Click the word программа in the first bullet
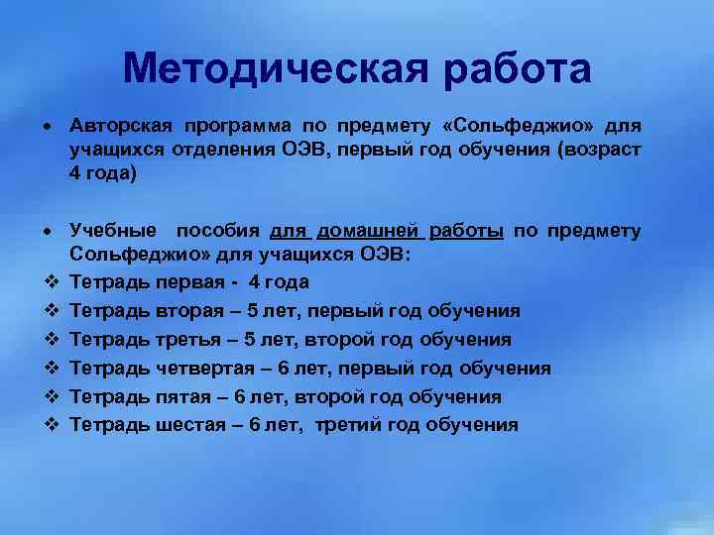(x=237, y=127)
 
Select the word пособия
(x=218, y=232)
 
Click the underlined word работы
(x=466, y=232)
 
